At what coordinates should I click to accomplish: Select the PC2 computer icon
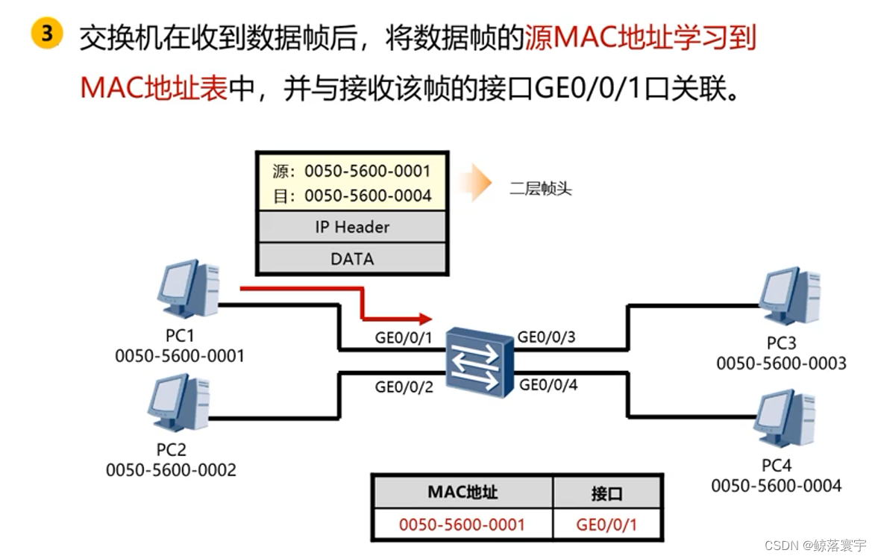178,404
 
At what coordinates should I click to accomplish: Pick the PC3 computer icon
788,296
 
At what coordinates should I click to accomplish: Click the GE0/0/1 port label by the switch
403,338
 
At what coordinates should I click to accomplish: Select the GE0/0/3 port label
547,337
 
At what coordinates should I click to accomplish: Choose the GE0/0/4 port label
548,385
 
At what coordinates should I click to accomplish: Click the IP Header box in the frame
351,227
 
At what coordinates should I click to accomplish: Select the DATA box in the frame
351,259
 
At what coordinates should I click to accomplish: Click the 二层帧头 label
541,189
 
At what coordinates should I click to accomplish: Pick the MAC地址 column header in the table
462,493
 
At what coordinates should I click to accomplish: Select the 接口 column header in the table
606,493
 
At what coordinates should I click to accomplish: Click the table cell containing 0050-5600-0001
462,525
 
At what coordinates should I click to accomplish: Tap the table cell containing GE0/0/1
606,525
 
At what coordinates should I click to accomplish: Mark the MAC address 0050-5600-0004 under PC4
776,486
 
